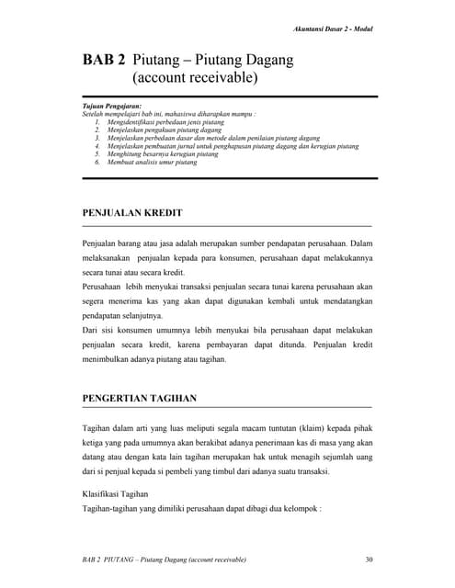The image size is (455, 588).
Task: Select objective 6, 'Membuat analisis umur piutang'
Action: (x=151, y=163)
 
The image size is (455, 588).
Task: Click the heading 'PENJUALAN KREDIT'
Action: (x=132, y=213)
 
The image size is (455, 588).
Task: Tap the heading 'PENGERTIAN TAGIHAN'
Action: (x=139, y=398)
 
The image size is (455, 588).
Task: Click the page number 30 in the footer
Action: (x=369, y=559)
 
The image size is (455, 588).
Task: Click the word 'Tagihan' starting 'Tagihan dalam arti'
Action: (x=97, y=427)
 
